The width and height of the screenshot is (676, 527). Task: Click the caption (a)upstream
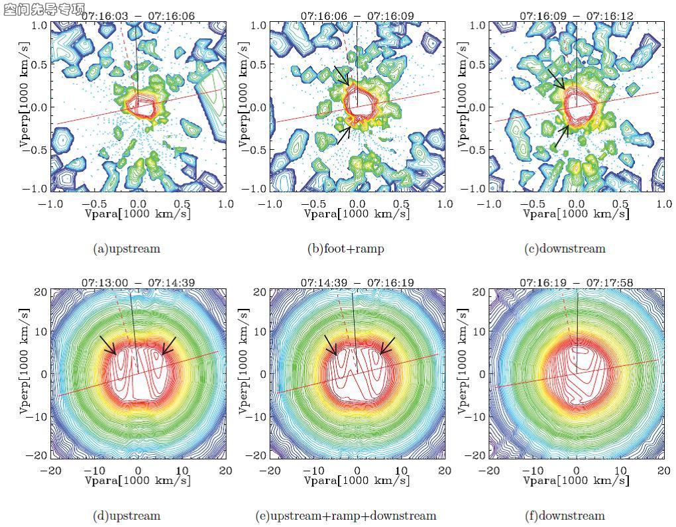pyautogui.click(x=127, y=249)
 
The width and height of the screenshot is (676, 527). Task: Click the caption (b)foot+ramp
pyautogui.click(x=345, y=249)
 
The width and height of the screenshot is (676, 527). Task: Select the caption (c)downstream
pyautogui.click(x=564, y=249)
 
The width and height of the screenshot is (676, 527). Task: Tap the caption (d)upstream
pyautogui.click(x=127, y=515)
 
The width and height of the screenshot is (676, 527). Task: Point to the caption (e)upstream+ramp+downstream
pyautogui.click(x=345, y=515)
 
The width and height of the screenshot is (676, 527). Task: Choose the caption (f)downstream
pyautogui.click(x=564, y=515)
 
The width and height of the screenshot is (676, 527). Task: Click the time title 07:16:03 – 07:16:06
pyautogui.click(x=138, y=15)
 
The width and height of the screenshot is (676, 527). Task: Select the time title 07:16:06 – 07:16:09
pyautogui.click(x=357, y=15)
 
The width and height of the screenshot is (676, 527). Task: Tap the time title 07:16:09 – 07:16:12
pyautogui.click(x=576, y=15)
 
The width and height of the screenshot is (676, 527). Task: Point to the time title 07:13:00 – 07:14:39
pyautogui.click(x=138, y=283)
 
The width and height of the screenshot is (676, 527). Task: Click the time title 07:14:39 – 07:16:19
pyautogui.click(x=357, y=283)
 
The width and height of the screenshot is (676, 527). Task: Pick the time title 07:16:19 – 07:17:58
pyautogui.click(x=576, y=283)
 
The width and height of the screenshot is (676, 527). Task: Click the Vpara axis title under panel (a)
pyautogui.click(x=138, y=214)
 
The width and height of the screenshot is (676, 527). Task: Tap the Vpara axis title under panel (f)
pyautogui.click(x=576, y=480)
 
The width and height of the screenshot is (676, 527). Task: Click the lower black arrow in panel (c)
pyautogui.click(x=561, y=136)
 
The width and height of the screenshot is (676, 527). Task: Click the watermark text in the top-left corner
pyautogui.click(x=44, y=9)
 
